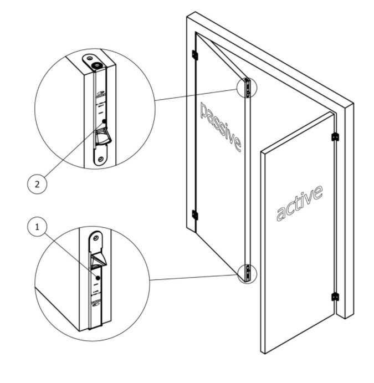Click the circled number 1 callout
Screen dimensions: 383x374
coord(37,226)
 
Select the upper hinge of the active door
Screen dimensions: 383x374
coord(334,136)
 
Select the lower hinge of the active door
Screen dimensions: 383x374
coord(334,297)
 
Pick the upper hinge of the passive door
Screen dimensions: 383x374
coord(194,54)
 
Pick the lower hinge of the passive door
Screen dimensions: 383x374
coord(194,215)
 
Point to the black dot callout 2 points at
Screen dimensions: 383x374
coord(104,120)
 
